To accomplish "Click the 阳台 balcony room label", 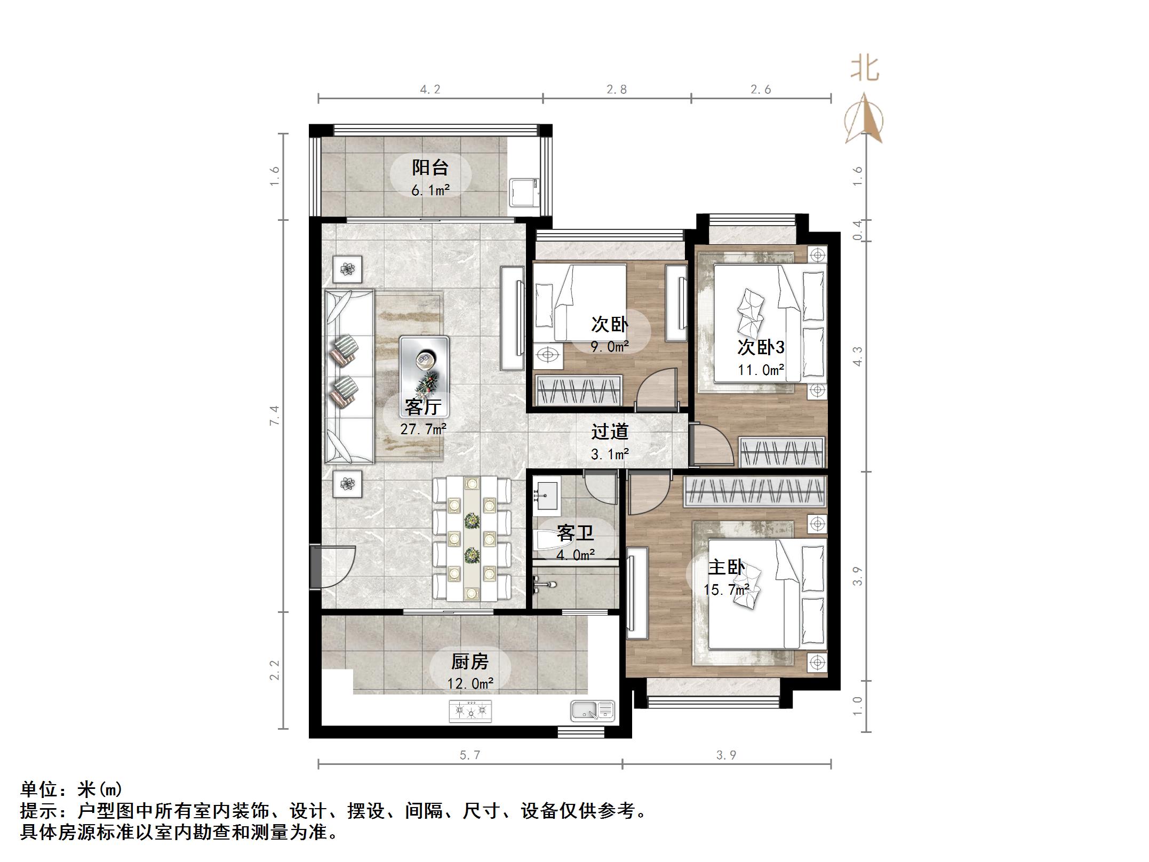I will tap(430, 167).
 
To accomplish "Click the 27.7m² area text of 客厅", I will tap(424, 428).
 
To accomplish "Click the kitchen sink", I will tap(592, 711).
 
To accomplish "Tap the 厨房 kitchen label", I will tap(470, 662).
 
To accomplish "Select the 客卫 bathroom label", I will tap(575, 532).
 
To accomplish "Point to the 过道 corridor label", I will tap(610, 432).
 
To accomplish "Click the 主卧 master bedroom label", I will tap(726, 567).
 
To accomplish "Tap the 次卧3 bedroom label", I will tap(761, 347).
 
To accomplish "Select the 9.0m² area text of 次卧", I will tap(610, 347).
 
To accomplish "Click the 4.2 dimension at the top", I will tap(430, 90).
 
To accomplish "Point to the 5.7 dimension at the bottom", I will tap(469, 755).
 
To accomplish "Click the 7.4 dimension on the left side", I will tap(275, 415).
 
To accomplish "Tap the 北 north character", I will tap(864, 69).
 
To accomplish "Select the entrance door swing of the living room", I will tap(335, 566).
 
